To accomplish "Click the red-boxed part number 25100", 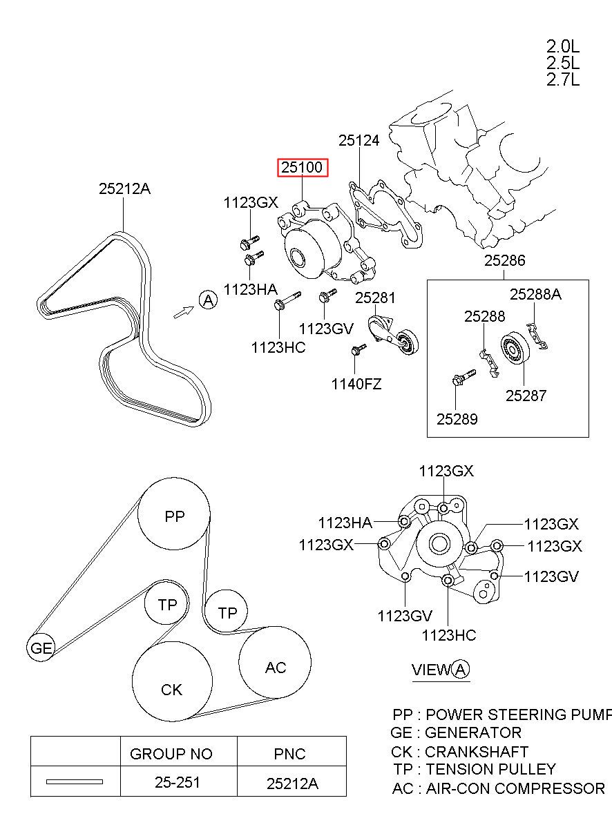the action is click(302, 167).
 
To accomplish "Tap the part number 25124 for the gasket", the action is click(358, 140).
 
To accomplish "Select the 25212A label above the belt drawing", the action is click(124, 189).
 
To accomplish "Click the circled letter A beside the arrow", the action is click(209, 300).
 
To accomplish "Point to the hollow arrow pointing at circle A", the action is click(184, 312).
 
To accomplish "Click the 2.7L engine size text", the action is click(563, 80).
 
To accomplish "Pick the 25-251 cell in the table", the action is click(178, 782).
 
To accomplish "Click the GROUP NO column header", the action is click(171, 754).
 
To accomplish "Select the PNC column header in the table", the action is click(289, 754).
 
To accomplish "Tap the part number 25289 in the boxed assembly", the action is click(457, 419).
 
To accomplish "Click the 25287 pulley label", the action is click(526, 396).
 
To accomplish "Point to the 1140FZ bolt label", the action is click(356, 384).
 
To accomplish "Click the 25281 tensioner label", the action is click(375, 298).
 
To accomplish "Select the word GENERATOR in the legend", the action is click(473, 732).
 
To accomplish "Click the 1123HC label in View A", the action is click(449, 635).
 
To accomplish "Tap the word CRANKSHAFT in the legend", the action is click(477, 752).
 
